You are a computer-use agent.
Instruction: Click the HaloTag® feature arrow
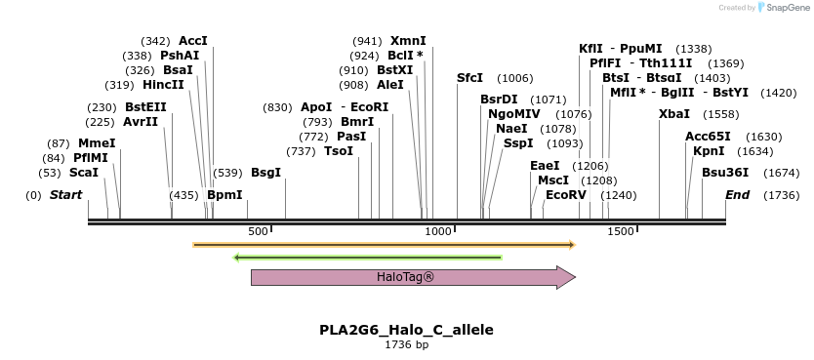tap(412, 277)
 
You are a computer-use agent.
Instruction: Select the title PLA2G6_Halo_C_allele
tap(406, 330)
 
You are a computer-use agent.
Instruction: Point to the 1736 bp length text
tap(406, 344)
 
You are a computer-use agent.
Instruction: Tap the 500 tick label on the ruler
tap(258, 232)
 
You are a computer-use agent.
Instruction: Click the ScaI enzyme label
tap(84, 173)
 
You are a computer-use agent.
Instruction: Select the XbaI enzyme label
tap(674, 114)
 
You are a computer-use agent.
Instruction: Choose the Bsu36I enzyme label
tap(725, 173)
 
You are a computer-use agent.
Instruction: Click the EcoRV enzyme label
tap(566, 195)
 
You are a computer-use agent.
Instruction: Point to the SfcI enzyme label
tap(469, 78)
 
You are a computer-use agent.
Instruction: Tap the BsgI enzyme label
tap(265, 173)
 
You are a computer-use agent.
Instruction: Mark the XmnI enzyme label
tap(408, 41)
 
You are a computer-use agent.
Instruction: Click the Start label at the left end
tap(65, 195)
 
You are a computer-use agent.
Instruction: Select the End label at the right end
tap(737, 195)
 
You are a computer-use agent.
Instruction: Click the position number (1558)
tap(721, 114)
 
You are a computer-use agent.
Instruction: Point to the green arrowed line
tap(368, 258)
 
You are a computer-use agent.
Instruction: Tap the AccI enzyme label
tap(193, 41)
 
